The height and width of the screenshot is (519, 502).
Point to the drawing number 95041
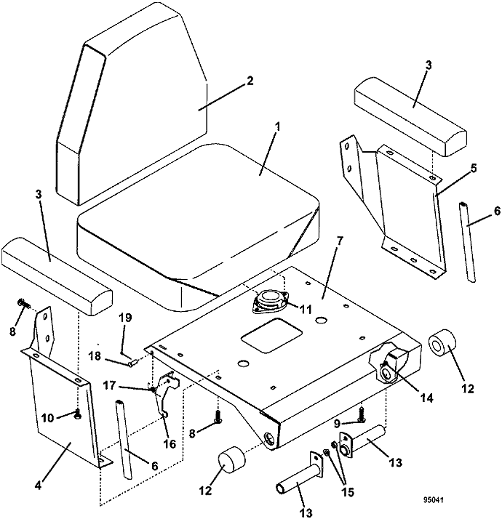click(433, 490)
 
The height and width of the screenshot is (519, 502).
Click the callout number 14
click(426, 398)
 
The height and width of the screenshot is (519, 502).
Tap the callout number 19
click(126, 318)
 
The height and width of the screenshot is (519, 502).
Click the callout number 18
click(95, 356)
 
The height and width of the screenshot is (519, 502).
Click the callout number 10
click(48, 418)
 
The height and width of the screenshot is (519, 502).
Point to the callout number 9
click(338, 422)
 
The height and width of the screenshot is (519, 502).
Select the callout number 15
click(347, 492)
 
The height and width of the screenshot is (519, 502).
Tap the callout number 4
click(38, 486)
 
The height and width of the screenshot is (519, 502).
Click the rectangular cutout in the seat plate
click(271, 335)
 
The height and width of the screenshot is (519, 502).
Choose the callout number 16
click(170, 444)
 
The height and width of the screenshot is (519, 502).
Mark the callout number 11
click(305, 310)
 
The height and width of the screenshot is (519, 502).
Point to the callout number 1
click(278, 126)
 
